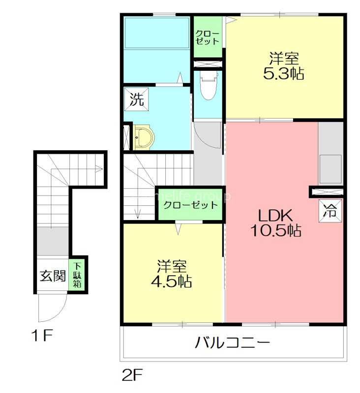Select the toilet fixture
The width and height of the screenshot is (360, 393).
(209, 86)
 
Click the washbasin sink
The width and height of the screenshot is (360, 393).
(144, 137)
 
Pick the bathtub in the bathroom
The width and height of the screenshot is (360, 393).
(156, 33)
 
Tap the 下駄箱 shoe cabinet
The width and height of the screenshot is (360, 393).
(78, 276)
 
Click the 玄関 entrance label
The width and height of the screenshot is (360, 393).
(53, 276)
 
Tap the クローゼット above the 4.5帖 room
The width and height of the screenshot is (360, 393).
(190, 204)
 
